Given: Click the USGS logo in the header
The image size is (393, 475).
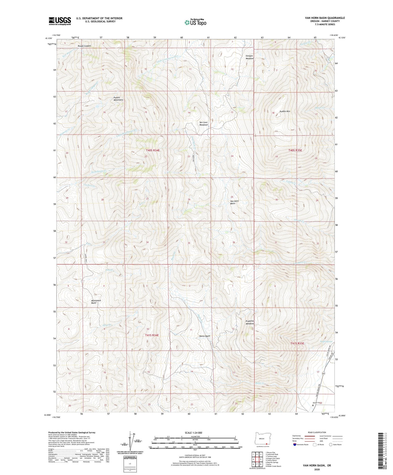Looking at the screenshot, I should [x=60, y=21].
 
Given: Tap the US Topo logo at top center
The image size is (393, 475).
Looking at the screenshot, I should [x=195, y=22].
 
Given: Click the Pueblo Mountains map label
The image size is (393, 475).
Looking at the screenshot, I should [x=118, y=99].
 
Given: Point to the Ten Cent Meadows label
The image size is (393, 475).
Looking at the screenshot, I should [x=204, y=124].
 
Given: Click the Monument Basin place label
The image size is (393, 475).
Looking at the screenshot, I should [x=96, y=302].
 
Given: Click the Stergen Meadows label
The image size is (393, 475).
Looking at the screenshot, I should [x=249, y=57].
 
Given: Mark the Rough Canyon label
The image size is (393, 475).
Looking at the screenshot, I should [x=84, y=46].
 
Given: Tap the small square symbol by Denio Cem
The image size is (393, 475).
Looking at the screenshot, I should [x=313, y=405].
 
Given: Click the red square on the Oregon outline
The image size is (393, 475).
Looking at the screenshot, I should [x=266, y=444].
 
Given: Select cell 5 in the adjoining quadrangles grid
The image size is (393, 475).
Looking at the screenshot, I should [x=261, y=459].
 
